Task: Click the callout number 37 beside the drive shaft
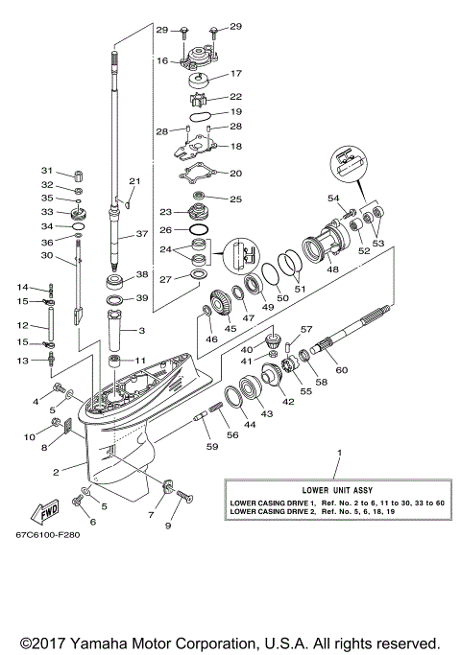point(141,233)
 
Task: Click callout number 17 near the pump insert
point(235,72)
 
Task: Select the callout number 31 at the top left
point(46,170)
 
